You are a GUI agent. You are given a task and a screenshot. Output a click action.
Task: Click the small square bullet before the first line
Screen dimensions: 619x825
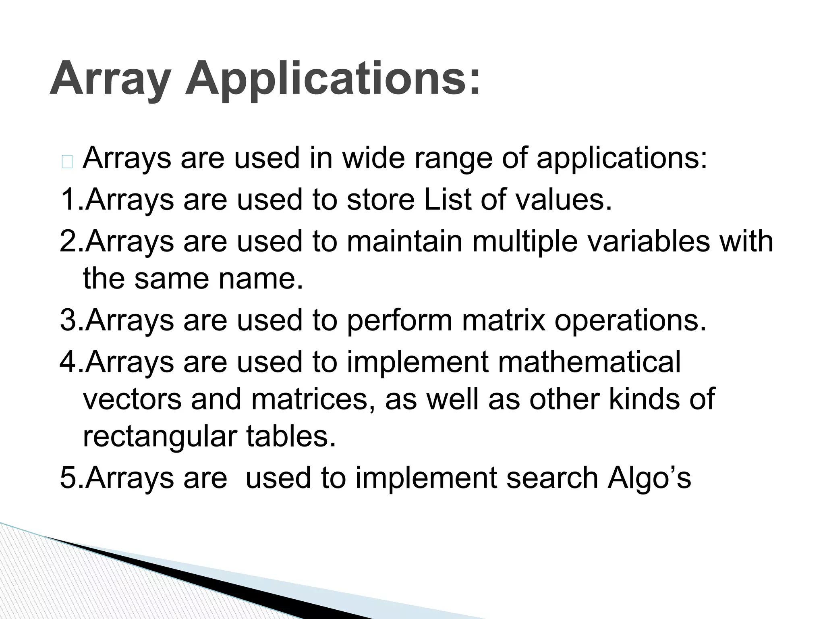pyautogui.click(x=67, y=162)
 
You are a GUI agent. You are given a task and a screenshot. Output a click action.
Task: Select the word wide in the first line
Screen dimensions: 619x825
pyautogui.click(x=373, y=158)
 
